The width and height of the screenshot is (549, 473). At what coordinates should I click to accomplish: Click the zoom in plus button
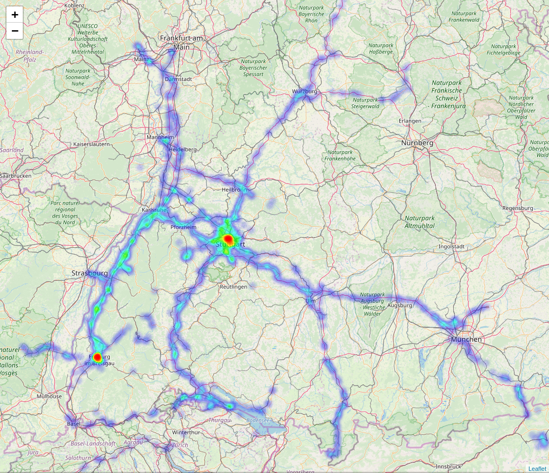[x=15, y=15]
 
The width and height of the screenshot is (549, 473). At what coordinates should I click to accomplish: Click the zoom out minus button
[x=15, y=31]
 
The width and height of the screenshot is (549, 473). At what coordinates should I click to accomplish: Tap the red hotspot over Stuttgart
[x=228, y=239]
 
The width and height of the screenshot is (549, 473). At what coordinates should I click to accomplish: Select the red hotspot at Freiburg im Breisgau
[x=97, y=357]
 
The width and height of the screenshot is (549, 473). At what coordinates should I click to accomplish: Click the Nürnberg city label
[x=417, y=143]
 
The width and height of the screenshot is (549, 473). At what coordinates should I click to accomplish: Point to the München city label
[x=466, y=340]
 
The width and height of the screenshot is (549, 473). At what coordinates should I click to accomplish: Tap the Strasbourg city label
[x=90, y=273]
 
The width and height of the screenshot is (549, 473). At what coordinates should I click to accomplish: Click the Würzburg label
[x=305, y=92]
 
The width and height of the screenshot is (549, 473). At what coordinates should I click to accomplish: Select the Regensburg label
[x=518, y=208]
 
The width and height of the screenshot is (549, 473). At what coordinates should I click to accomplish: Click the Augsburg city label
[x=400, y=305]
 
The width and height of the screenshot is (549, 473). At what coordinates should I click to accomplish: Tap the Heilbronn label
[x=234, y=190]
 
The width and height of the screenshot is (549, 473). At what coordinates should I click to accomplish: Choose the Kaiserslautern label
[x=92, y=145]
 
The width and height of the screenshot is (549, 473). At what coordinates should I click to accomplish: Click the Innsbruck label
[x=448, y=466]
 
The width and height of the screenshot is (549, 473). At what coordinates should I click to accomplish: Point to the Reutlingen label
[x=233, y=287]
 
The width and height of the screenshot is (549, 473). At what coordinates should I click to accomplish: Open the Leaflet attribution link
[x=537, y=469]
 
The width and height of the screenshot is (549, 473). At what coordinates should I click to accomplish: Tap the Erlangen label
[x=409, y=121]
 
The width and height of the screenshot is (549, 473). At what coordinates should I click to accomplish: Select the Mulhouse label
[x=49, y=396]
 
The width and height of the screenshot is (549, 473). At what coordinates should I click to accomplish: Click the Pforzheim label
[x=183, y=227]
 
